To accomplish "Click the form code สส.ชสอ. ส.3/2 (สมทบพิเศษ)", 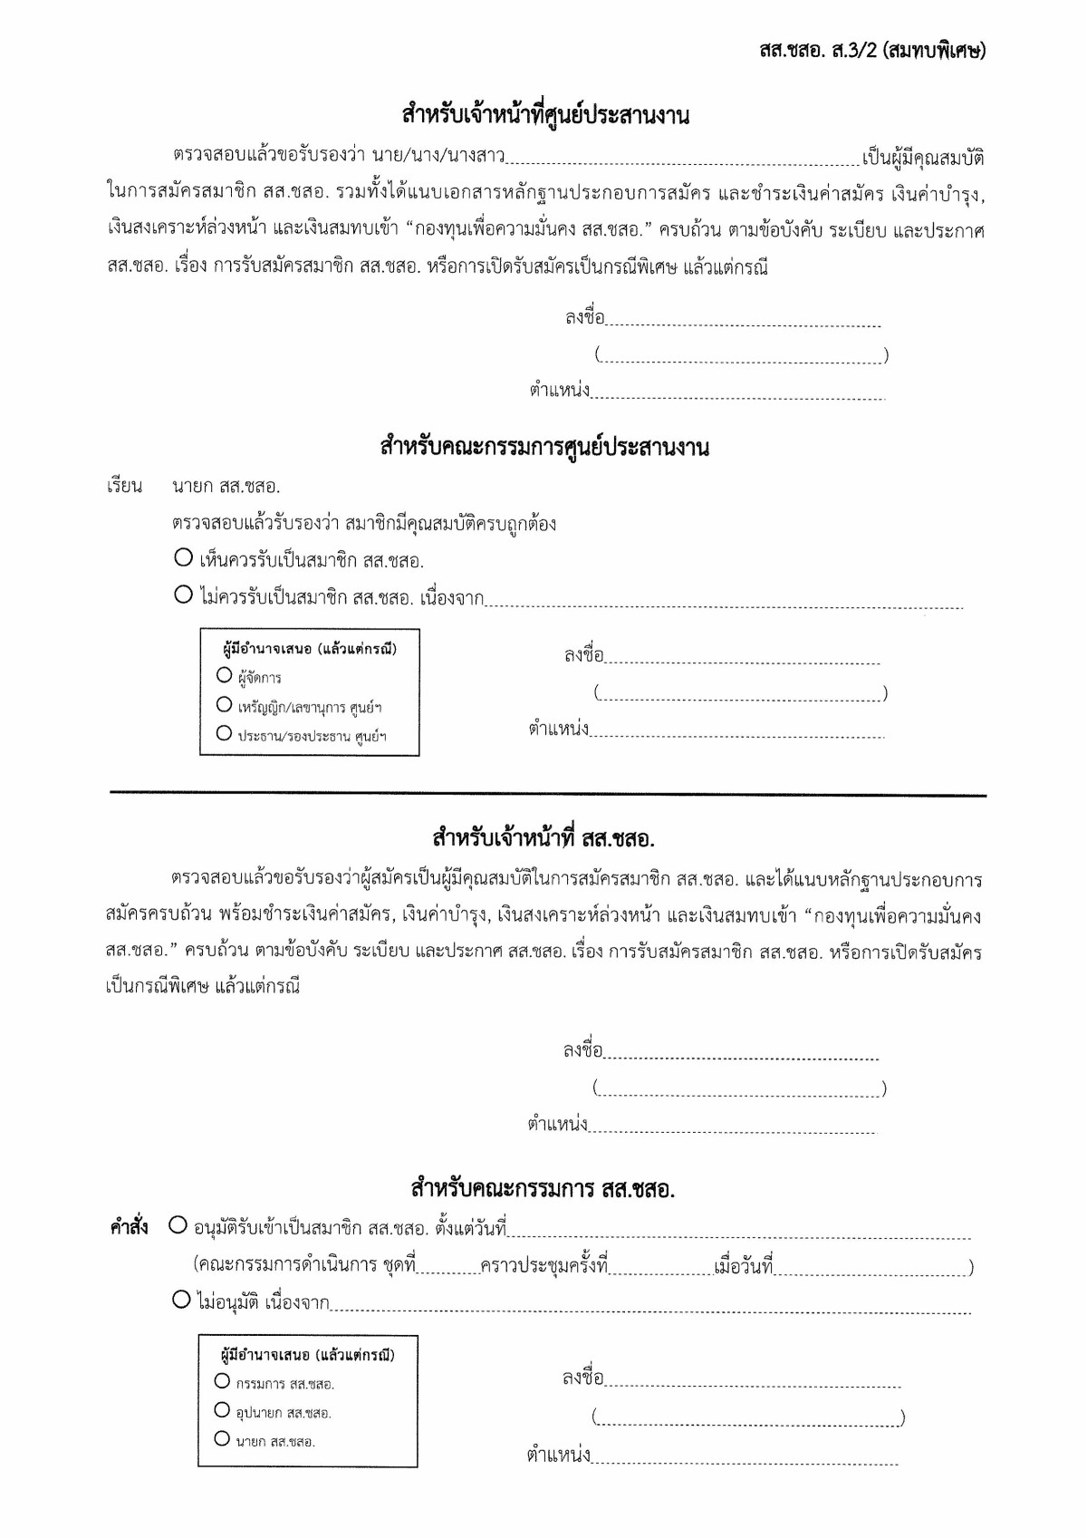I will (871, 50).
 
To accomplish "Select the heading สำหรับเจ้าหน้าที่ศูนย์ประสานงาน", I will (545, 115).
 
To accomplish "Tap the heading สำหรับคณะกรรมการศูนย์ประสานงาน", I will (544, 447).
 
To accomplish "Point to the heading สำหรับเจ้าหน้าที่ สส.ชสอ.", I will (543, 838).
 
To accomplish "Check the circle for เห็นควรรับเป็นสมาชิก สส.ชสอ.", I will (184, 557).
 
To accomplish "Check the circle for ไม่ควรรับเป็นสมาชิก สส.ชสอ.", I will (184, 595).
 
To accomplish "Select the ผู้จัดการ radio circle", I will (225, 675).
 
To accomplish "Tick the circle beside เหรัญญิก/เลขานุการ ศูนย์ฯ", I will (225, 704).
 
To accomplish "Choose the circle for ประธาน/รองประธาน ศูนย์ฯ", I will (225, 733).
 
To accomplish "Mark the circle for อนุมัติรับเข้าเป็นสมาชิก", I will (178, 1226).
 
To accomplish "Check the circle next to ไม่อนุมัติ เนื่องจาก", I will (181, 1301).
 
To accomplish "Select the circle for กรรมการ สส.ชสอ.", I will (223, 1381).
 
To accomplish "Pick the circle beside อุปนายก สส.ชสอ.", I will (223, 1409).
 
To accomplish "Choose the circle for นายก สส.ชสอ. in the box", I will (223, 1438).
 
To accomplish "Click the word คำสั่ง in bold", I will (130, 1227).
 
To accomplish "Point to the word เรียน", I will (125, 487).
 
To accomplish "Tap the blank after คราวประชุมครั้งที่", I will (659, 1269).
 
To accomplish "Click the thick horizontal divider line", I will (547, 795).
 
